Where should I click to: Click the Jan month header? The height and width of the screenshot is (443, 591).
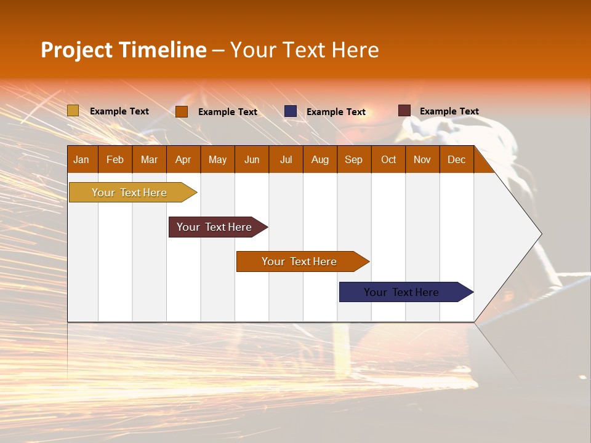coord(82,159)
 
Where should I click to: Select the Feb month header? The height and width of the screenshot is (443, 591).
coord(115,159)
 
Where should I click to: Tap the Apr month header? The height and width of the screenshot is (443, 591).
coord(183,159)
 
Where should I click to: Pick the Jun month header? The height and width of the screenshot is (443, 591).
coord(252,159)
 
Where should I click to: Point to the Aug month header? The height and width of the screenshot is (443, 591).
coord(320,159)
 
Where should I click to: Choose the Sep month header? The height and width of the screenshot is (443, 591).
coord(354,159)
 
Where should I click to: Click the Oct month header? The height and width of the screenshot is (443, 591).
coord(388,159)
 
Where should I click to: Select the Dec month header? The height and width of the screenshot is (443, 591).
coord(457,159)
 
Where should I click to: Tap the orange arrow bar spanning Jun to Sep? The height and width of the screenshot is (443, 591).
coord(300,261)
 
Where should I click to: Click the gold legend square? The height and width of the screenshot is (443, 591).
coord(73,111)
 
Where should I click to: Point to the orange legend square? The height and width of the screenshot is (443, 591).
coord(182,111)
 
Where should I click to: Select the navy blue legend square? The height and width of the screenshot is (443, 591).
coord(291,111)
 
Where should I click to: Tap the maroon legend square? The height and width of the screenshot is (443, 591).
coord(404,111)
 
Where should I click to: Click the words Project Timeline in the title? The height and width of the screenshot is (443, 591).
coord(123,50)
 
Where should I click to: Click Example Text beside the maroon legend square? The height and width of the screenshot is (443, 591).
coord(449,111)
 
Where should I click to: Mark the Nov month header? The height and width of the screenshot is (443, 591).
coord(422,159)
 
